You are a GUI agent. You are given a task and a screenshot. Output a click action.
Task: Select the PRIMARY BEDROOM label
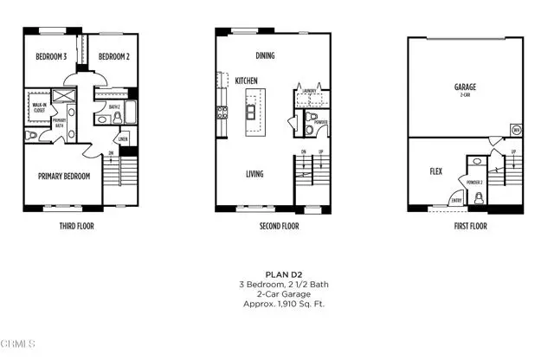[x=63, y=175]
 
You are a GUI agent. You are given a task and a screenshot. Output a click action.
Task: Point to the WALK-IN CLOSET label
[x=37, y=109]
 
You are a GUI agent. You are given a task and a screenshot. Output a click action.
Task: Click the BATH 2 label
[x=113, y=107]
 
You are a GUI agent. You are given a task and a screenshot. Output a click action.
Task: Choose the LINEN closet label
[x=123, y=138]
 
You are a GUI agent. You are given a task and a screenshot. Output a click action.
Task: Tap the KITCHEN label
[x=247, y=80]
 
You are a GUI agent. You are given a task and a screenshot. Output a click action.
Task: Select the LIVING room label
[x=254, y=174]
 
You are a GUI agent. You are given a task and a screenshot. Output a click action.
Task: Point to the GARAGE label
[x=465, y=87]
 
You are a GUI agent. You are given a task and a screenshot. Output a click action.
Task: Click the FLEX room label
[x=435, y=171]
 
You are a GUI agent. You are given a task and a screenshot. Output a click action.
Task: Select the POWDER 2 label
[x=474, y=183]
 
